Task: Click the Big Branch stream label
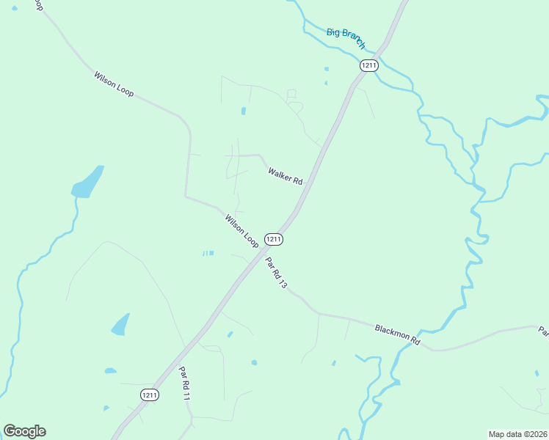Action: click(346, 37)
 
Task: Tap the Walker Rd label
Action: click(286, 176)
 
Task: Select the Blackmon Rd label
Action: click(396, 335)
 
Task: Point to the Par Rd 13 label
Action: click(276, 273)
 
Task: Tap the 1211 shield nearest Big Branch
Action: click(368, 65)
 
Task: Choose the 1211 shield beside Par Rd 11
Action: click(150, 395)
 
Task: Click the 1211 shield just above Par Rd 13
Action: click(273, 239)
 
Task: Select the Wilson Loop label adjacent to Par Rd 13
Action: click(241, 230)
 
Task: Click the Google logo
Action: click(24, 431)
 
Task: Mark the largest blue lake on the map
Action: click(87, 183)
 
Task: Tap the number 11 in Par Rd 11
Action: click(188, 395)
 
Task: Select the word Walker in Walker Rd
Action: click(280, 173)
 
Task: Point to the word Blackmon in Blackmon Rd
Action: click(391, 333)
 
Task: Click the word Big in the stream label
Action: click(333, 32)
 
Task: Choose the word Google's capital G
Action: click(10, 430)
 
